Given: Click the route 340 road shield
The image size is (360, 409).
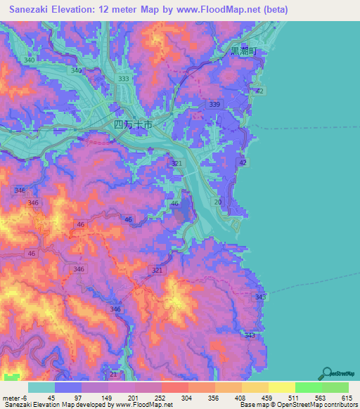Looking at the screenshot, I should (x=29, y=60).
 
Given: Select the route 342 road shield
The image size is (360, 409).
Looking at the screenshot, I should (x=77, y=71).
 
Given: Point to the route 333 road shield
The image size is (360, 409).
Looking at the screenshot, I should (x=124, y=79).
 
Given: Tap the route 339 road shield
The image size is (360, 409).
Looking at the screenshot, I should (x=214, y=104).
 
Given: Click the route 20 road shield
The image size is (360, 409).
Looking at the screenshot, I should (x=218, y=202).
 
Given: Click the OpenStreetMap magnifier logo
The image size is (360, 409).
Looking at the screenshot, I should (x=328, y=373).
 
